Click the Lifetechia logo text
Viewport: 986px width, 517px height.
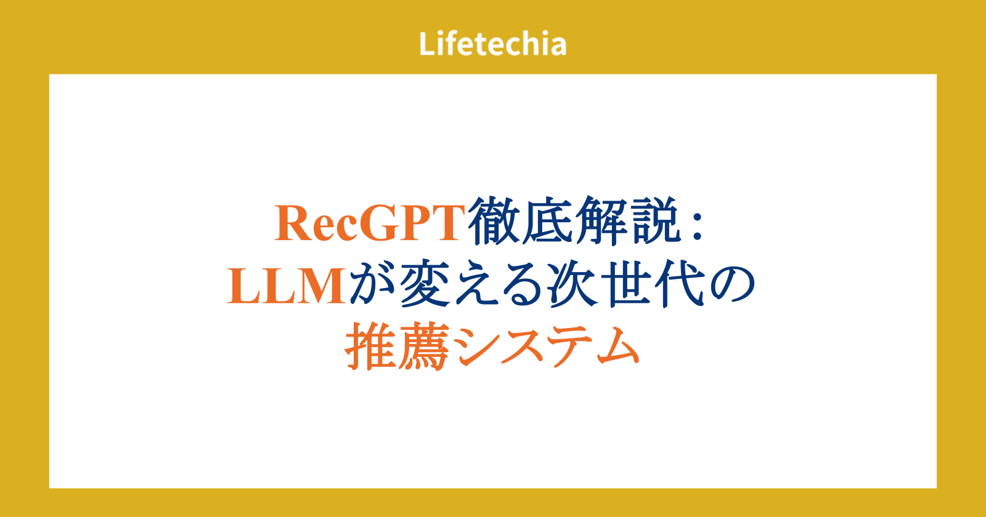click(x=492, y=44)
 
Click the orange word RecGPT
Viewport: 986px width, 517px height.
click(x=370, y=223)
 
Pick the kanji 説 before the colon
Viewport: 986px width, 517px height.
click(x=656, y=220)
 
